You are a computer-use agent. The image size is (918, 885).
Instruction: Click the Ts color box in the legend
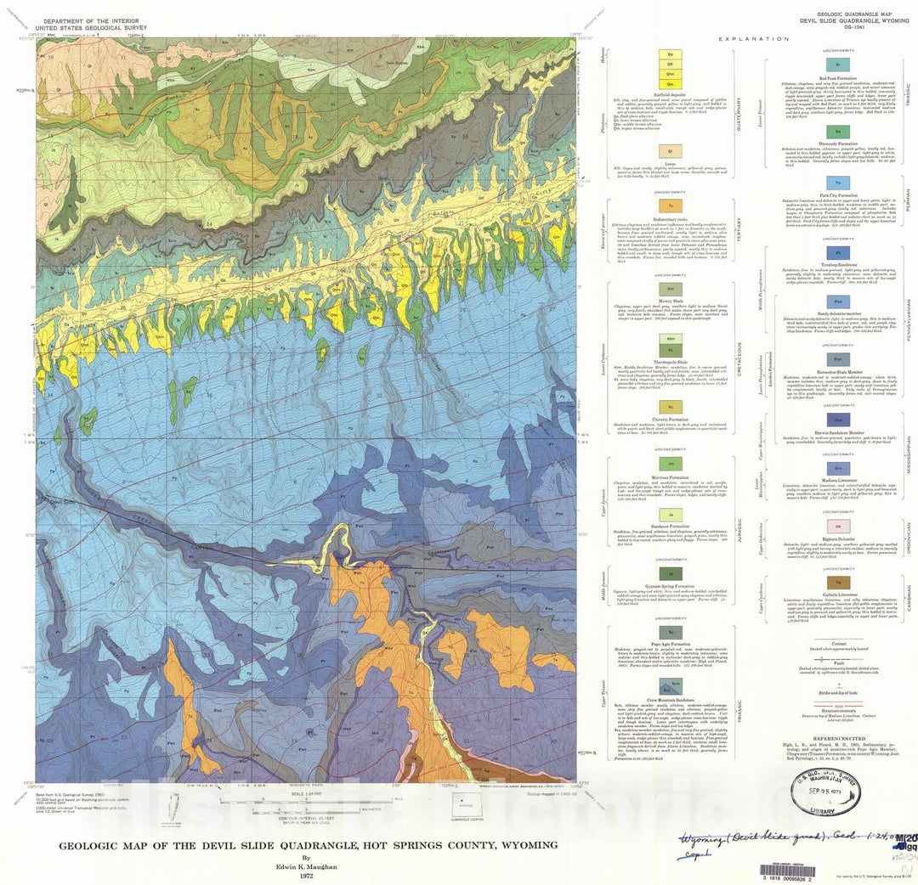[x=671, y=206]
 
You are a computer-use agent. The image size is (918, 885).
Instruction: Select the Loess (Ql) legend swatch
[x=671, y=151]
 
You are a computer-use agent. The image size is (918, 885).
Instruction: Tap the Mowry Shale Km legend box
[x=671, y=289]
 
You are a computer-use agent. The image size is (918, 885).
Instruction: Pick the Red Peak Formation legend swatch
[x=838, y=65]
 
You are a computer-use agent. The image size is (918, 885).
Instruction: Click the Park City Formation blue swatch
[x=838, y=183]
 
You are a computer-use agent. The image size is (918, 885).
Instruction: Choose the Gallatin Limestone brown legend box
[x=838, y=580]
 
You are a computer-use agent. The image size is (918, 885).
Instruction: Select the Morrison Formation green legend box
[x=671, y=464]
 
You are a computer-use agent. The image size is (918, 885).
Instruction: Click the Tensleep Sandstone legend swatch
[x=838, y=252]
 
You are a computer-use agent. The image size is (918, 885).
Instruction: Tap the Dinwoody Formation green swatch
[x=838, y=132]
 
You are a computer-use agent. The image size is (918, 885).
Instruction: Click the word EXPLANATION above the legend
[x=753, y=39]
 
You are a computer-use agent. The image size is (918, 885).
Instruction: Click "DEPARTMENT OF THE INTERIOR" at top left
[x=93, y=20]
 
